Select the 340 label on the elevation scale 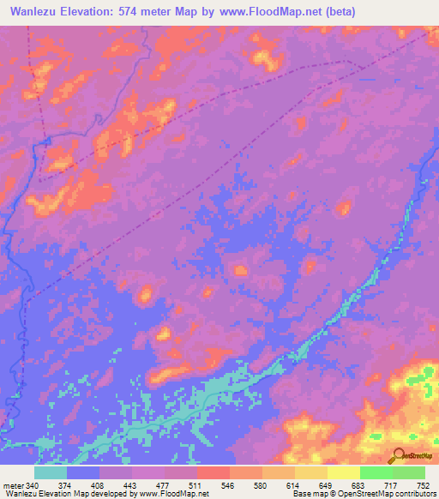tap(33, 486)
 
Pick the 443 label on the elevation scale tap(131, 486)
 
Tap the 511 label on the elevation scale tap(196, 486)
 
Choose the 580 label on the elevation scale tap(262, 486)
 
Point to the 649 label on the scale tap(327, 486)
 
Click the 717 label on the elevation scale tap(392, 486)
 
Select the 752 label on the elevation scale tap(424, 486)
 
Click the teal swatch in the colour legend tap(51, 472)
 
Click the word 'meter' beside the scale tap(13, 486)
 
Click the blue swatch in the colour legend tap(83, 472)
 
